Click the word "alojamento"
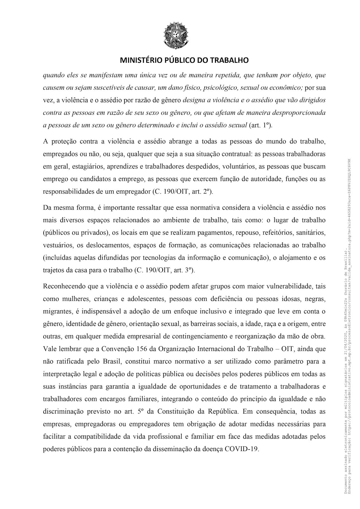point(295,258)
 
